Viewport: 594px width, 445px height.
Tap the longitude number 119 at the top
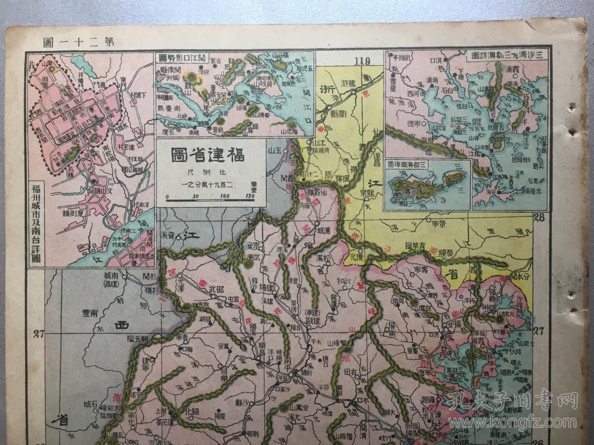[x=362, y=61]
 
